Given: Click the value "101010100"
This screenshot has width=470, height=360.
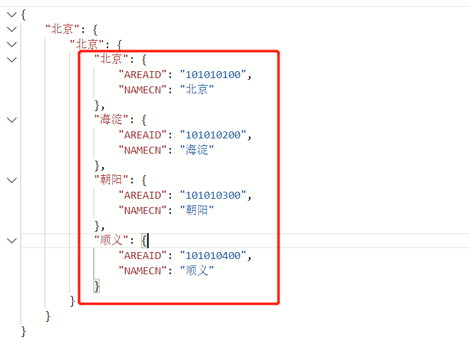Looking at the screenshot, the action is point(213,75).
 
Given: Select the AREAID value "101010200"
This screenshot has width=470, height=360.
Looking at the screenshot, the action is point(213,135).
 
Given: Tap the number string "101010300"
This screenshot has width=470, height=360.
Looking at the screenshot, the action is point(213,196).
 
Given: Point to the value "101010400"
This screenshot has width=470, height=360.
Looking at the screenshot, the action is point(213,256).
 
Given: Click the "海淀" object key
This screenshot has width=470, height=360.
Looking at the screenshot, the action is point(111,119).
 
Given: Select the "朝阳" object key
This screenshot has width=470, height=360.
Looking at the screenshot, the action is point(111,180).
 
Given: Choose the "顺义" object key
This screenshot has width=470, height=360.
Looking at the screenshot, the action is point(111,240).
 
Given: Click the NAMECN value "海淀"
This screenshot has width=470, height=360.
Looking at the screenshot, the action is point(197,150).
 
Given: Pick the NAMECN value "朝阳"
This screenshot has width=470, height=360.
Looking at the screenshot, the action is point(197,210).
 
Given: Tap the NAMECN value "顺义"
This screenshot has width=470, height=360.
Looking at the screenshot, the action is point(197,270).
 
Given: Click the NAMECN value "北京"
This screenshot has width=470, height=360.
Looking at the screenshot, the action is point(197,90).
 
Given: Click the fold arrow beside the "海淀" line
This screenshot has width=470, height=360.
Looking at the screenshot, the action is point(11,120).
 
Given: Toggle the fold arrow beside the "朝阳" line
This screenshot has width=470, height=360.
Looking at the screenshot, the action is point(11,180).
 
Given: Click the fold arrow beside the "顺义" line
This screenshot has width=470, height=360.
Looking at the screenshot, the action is point(11,241).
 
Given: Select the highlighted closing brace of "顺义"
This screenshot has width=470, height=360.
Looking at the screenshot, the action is point(97,286).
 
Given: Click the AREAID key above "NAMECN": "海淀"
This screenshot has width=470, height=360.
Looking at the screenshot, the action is point(143,135).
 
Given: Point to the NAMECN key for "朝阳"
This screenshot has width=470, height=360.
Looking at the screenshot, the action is point(143,210).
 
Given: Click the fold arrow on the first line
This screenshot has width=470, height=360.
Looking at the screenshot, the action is point(11,15).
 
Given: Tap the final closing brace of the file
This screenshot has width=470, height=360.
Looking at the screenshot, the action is point(23,331).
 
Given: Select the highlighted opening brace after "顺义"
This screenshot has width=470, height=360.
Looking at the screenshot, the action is point(144,241).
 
